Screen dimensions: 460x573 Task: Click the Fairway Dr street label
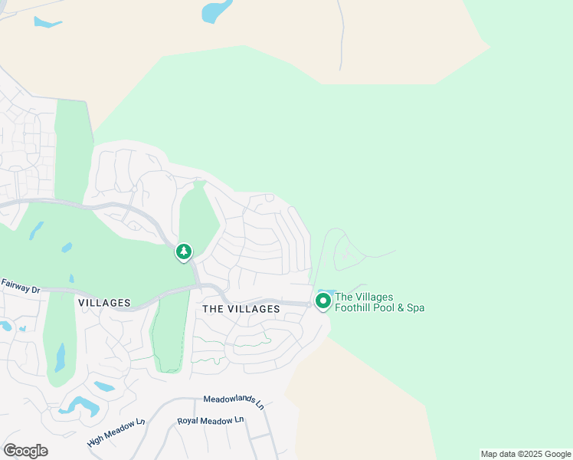[20, 286]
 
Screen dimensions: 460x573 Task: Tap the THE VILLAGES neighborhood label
[241, 308]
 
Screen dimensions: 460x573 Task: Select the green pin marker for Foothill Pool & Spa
[323, 301]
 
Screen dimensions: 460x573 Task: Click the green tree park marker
[184, 252]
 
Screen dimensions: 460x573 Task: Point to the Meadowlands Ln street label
[233, 402]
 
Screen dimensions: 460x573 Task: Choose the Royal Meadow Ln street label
[210, 421]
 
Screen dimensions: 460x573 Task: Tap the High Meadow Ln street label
[116, 432]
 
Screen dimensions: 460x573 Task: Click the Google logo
[25, 450]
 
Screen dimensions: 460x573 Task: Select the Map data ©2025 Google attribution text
[526, 454]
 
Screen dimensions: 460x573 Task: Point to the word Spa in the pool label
[415, 308]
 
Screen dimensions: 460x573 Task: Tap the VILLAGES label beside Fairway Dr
[104, 303]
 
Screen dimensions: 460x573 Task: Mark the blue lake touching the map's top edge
[216, 11]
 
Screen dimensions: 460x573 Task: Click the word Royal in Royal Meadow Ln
[188, 422]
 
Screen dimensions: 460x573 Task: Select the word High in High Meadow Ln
[96, 441]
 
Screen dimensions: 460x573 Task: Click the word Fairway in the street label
[15, 284]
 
